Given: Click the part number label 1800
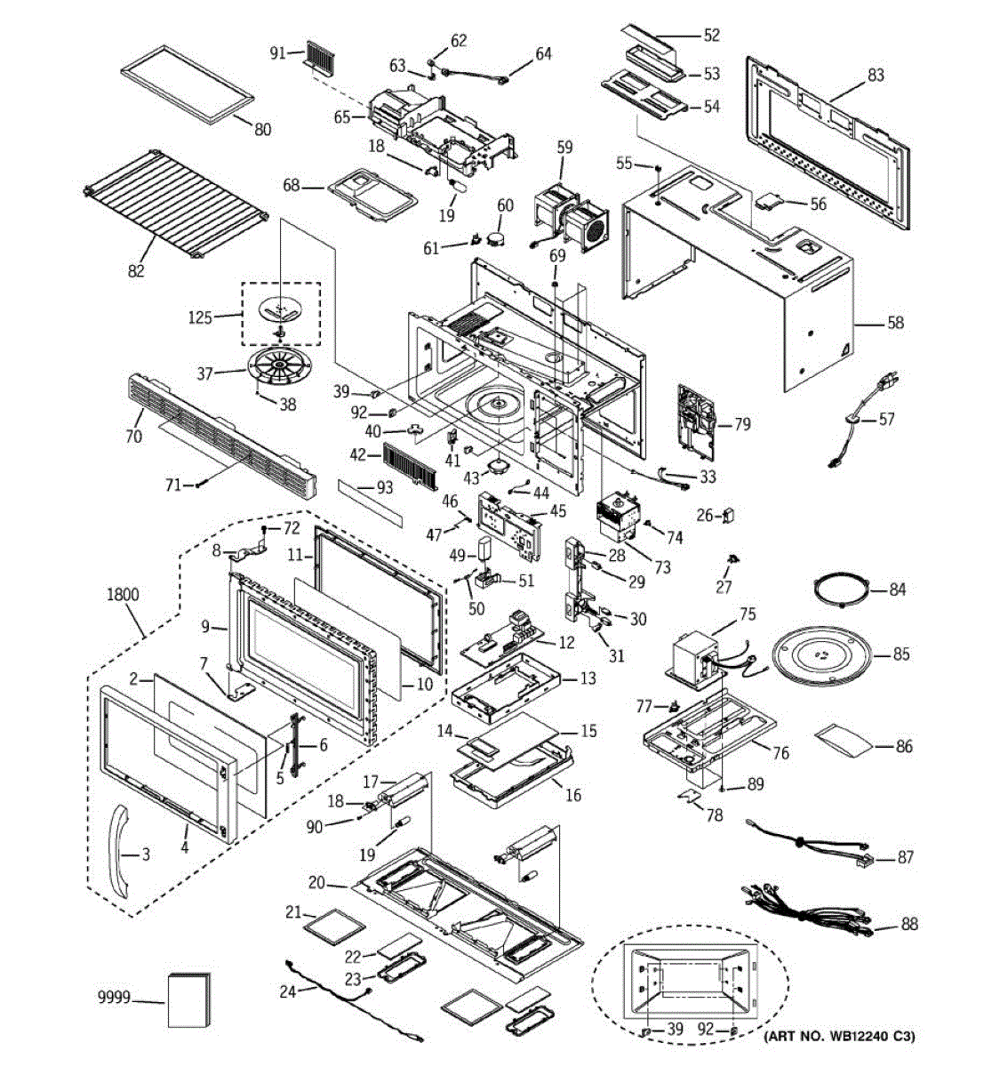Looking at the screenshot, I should tap(124, 595).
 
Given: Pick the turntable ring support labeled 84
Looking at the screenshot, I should tap(840, 590).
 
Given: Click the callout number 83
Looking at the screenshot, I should tap(876, 76).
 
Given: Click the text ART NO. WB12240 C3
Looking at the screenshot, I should tap(839, 1036).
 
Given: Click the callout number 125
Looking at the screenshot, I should tap(200, 317).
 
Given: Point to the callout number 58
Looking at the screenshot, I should tap(894, 323).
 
